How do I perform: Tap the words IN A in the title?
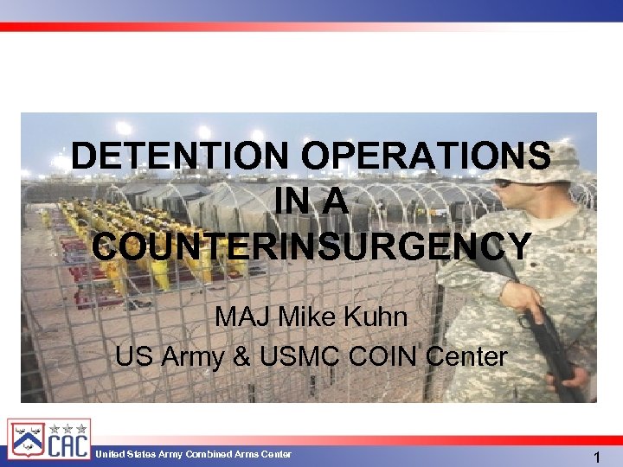point(311,202)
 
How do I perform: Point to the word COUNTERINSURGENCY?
point(311,246)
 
